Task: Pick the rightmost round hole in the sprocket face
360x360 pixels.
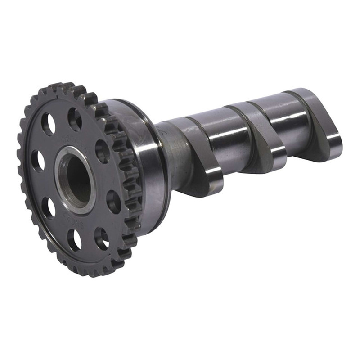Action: tap(113, 201)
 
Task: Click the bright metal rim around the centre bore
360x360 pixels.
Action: tap(60, 189)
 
